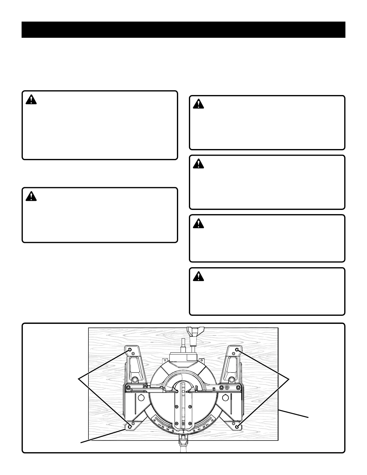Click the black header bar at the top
(x=183, y=30)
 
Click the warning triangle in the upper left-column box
(x=31, y=100)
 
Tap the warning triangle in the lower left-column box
(x=31, y=196)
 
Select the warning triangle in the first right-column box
(x=198, y=104)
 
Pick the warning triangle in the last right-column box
(x=198, y=276)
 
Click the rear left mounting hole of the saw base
(x=130, y=350)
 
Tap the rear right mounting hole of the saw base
(x=237, y=350)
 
